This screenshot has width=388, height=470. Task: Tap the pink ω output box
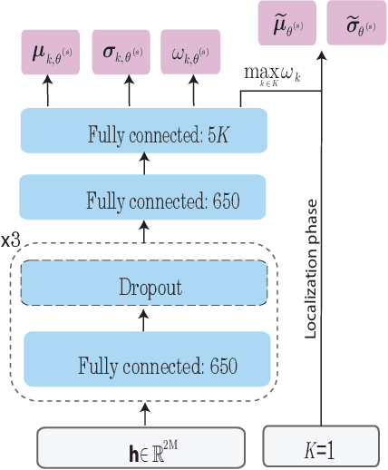click(193, 54)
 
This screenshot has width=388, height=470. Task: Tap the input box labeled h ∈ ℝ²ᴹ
click(141, 447)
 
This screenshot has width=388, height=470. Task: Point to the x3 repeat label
click(12, 243)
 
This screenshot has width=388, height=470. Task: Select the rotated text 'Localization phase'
click(311, 262)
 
